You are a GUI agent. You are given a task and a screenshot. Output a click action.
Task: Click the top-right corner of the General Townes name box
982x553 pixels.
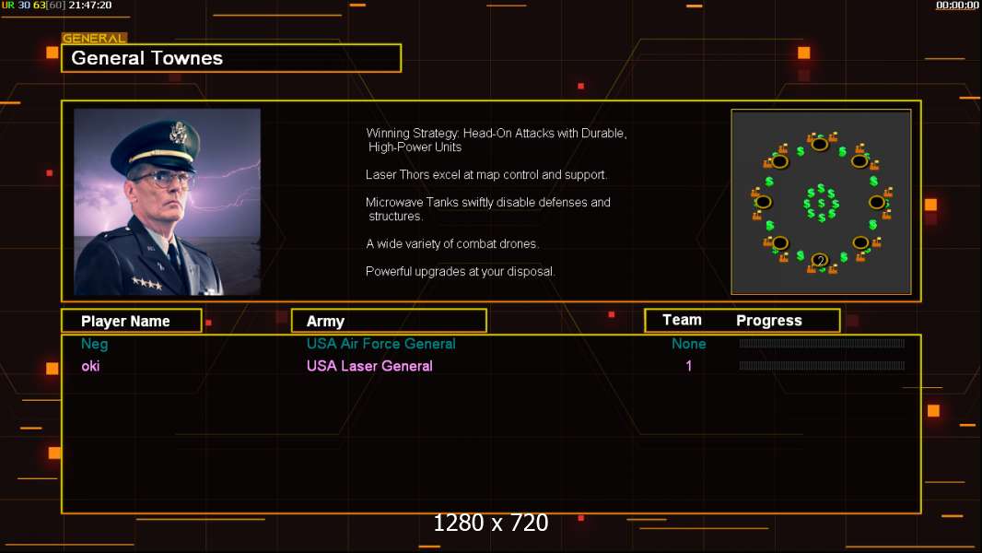[x=401, y=44]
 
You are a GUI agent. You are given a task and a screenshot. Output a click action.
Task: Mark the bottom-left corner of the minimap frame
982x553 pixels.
[x=731, y=294]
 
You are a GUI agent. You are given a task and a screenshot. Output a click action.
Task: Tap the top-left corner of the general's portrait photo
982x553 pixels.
[x=74, y=109]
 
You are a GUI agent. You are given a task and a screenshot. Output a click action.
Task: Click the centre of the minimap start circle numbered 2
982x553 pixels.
[x=820, y=261]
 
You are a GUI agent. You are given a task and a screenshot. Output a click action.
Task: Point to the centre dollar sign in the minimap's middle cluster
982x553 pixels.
[x=821, y=204]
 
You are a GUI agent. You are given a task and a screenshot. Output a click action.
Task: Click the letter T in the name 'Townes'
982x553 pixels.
[x=154, y=58]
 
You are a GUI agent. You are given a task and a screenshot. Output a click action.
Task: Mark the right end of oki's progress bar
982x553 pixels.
[x=905, y=366]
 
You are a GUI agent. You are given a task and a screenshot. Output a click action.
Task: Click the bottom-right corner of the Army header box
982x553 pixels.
[x=486, y=331]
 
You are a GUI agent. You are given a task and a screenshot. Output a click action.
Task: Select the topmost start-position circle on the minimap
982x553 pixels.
[x=820, y=145]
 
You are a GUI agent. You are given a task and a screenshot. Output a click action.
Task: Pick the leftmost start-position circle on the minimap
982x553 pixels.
[x=763, y=202]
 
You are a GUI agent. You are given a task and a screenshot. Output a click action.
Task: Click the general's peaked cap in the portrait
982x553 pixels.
[x=158, y=146]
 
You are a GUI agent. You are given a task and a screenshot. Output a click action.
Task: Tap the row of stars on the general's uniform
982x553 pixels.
[x=146, y=284]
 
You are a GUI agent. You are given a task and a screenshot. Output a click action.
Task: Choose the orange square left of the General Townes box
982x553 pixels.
[x=53, y=53]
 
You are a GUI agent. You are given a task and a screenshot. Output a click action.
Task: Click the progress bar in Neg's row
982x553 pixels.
[x=822, y=343]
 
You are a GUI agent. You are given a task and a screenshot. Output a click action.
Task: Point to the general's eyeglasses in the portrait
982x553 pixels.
[x=161, y=180]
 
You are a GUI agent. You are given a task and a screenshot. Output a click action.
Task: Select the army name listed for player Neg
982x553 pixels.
[x=380, y=344]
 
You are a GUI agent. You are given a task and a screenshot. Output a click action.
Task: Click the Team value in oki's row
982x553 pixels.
[x=689, y=366]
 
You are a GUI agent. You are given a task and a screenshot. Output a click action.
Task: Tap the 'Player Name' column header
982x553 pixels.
[x=125, y=322]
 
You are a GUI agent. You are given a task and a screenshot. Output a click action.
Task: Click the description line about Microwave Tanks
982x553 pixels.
[x=488, y=209]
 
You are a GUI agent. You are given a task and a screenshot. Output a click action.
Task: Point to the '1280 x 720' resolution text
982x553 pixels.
[x=491, y=523]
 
